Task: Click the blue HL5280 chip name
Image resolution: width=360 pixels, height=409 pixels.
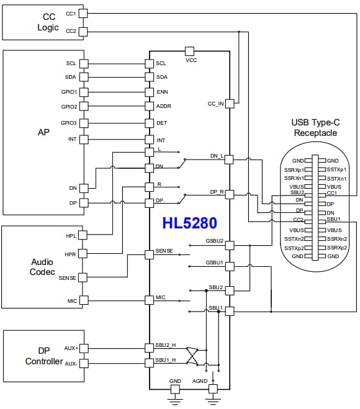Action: [x=189, y=222]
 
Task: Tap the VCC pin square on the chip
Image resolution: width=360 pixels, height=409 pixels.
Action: [x=190, y=51]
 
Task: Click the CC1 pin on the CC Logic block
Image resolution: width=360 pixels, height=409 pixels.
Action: [x=84, y=13]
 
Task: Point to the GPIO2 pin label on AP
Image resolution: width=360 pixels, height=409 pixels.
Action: [x=69, y=106]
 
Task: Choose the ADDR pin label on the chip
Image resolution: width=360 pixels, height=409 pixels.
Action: [x=164, y=106]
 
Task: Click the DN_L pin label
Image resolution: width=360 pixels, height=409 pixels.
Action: [x=216, y=156]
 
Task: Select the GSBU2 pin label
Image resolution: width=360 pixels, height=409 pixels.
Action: [x=214, y=241]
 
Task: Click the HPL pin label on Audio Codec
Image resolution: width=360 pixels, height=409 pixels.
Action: [x=71, y=236]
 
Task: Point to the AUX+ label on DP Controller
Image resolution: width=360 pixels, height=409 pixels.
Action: [x=72, y=348]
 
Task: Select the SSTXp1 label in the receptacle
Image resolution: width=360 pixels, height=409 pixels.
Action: [x=336, y=169]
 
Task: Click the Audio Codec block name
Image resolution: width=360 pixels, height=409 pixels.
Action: [x=42, y=267]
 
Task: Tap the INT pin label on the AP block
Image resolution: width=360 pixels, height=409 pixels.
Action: [x=72, y=139]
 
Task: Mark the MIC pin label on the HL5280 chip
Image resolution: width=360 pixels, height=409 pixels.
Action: [x=161, y=299]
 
